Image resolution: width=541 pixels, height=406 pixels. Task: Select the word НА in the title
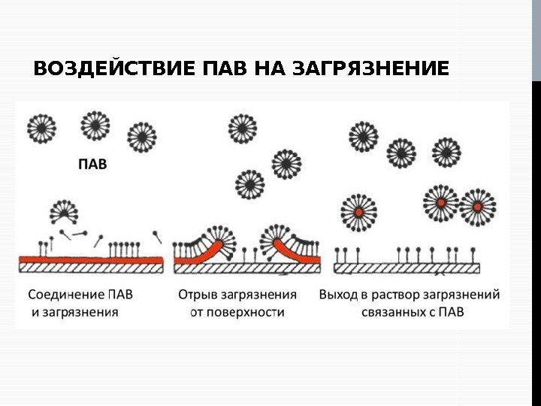tap(270, 70)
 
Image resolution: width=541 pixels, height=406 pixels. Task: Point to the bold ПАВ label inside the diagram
tap(93, 162)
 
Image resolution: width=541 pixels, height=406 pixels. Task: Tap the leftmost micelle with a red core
tap(358, 211)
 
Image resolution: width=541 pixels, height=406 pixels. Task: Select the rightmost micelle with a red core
tap(478, 206)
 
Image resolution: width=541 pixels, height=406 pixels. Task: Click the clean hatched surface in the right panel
tap(406, 268)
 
